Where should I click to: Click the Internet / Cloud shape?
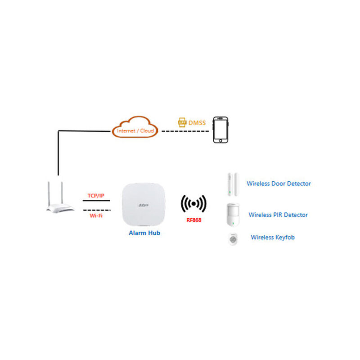135,127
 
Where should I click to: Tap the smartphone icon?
220,130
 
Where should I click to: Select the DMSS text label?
197,123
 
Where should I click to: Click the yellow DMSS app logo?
182,122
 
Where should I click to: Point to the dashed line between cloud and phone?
185,131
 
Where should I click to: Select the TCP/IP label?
96,196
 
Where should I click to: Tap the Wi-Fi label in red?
96,216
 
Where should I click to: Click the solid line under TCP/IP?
96,201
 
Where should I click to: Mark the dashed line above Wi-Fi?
97,210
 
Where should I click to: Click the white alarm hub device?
144,204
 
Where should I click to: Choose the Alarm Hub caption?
144,233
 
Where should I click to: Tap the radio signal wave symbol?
193,204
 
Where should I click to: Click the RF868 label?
194,220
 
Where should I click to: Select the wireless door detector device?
233,184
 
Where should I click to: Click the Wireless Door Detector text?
279,184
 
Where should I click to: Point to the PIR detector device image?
233,215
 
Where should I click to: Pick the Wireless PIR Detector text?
278,215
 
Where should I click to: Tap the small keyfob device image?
233,239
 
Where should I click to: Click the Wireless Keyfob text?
273,238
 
